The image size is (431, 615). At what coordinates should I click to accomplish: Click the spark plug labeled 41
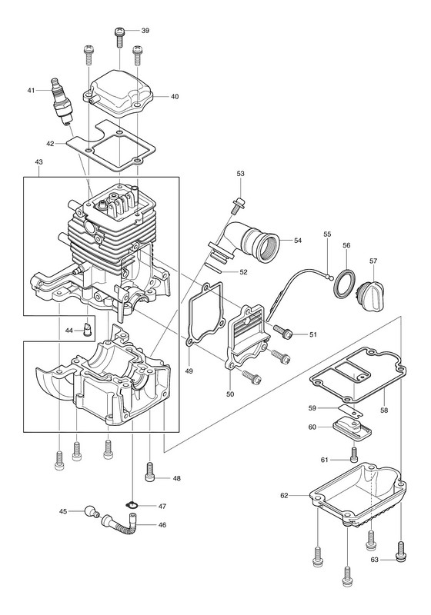pos(62,100)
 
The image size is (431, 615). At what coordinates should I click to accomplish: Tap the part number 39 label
pos(145,31)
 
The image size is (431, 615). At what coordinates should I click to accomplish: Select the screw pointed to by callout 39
pos(119,36)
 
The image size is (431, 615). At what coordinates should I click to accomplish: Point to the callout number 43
pos(38,161)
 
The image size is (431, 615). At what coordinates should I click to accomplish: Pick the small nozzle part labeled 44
pos(88,330)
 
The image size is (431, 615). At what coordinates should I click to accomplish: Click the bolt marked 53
pos(237,206)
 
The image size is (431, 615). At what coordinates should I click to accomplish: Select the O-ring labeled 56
pos(344,283)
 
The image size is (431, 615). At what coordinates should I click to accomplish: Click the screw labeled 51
pos(282,331)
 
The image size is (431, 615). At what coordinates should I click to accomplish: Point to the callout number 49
pos(189,371)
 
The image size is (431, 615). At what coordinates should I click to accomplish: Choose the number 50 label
pos(230,394)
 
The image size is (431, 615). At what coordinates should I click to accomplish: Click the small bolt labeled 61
pos(354,454)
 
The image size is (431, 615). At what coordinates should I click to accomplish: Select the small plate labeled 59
pos(350,411)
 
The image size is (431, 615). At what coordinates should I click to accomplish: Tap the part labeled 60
pos(352,429)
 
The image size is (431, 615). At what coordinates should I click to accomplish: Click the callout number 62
pos(284,495)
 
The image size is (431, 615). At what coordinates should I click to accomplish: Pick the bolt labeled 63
pos(401,551)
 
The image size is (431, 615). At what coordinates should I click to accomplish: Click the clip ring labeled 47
pos(132,505)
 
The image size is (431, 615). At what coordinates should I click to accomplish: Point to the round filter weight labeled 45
pos(92,511)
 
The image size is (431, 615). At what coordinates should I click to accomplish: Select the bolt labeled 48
pos(150,471)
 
